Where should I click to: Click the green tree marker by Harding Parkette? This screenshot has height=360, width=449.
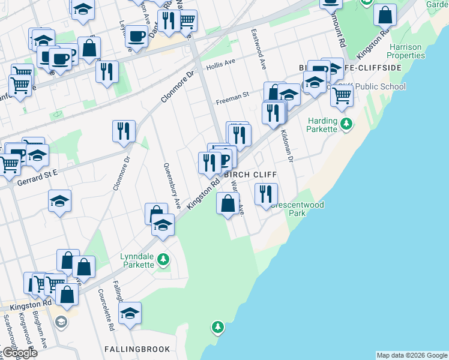tap(346, 125)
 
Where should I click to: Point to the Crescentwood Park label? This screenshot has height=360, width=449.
tap(297, 209)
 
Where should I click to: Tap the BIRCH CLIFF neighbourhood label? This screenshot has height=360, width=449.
tap(250, 175)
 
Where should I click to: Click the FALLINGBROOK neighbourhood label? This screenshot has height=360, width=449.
tap(137, 349)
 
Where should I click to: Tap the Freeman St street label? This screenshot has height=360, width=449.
tap(232, 95)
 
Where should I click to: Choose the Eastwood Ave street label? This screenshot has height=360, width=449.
tap(259, 48)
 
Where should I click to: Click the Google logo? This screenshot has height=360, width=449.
tap(19, 353)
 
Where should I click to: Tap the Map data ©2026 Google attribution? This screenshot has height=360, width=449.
tap(412, 355)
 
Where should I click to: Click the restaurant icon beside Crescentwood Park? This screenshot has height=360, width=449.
tap(265, 194)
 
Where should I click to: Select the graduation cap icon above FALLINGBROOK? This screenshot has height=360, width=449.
tap(130, 313)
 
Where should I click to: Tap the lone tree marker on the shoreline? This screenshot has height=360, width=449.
tap(217, 327)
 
